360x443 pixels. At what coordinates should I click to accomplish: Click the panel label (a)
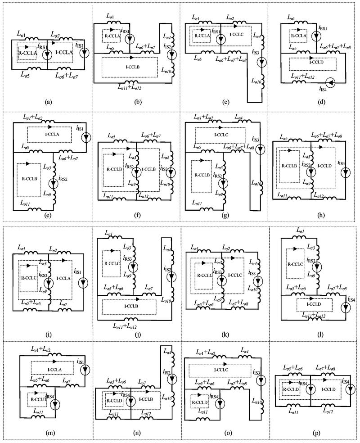click(x=48, y=102)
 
